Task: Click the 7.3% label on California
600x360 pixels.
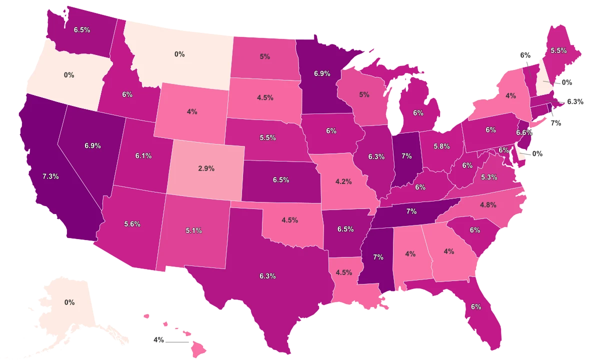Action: (51, 176)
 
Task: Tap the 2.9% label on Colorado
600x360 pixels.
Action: (206, 168)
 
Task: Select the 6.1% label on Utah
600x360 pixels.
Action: (143, 156)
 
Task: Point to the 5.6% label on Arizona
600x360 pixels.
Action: (132, 224)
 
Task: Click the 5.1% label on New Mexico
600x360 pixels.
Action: (193, 231)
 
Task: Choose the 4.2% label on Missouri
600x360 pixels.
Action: (343, 181)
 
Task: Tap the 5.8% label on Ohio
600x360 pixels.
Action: (441, 146)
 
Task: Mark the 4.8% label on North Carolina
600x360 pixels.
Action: (487, 204)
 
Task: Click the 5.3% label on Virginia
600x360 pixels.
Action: (489, 177)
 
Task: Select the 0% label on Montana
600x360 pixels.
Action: (179, 54)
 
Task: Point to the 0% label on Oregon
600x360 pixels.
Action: (69, 75)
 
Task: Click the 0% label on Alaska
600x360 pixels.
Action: (69, 302)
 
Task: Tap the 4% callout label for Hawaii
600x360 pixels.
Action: (159, 340)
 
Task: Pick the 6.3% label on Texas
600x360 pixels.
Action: (267, 275)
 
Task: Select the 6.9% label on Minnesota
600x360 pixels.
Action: (322, 73)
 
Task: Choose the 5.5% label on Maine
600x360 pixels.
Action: (558, 50)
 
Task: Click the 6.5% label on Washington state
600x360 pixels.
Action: (81, 29)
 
